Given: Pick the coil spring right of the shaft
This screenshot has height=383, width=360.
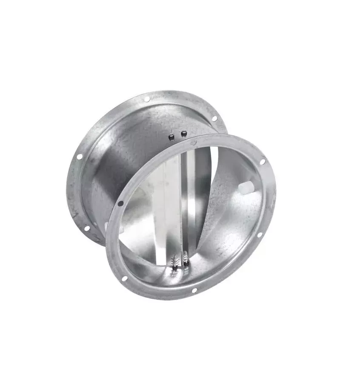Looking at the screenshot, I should (186, 257).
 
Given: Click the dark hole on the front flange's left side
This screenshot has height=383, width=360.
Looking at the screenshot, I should (121, 204).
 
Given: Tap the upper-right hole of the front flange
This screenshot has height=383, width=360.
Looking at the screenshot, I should (262, 162).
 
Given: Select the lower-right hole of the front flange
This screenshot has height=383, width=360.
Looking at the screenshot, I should (259, 235).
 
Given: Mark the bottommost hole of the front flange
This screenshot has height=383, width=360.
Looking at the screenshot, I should (194, 290).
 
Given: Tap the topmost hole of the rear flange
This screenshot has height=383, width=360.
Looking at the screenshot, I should (147, 99).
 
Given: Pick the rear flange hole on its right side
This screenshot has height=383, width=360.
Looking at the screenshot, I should (214, 118).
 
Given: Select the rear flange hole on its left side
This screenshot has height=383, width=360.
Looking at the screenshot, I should (79, 157).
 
